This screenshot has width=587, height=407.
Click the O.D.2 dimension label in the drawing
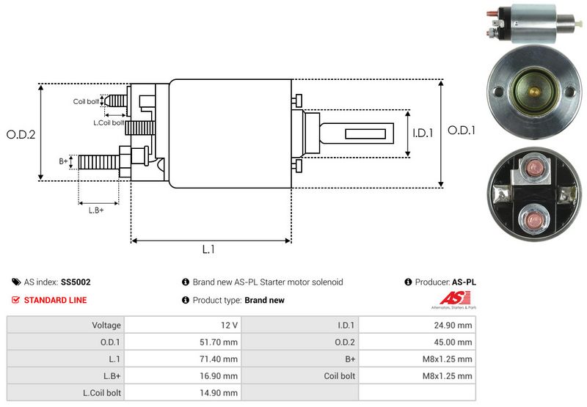21,134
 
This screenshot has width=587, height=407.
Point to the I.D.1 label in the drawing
423,133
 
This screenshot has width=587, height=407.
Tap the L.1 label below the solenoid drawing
208,249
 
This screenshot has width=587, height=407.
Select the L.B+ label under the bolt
96,210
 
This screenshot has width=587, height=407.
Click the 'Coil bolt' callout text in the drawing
85,101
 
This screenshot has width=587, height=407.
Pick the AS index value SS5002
76,282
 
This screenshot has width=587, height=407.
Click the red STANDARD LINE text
55,300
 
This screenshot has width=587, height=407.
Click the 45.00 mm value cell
454,342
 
